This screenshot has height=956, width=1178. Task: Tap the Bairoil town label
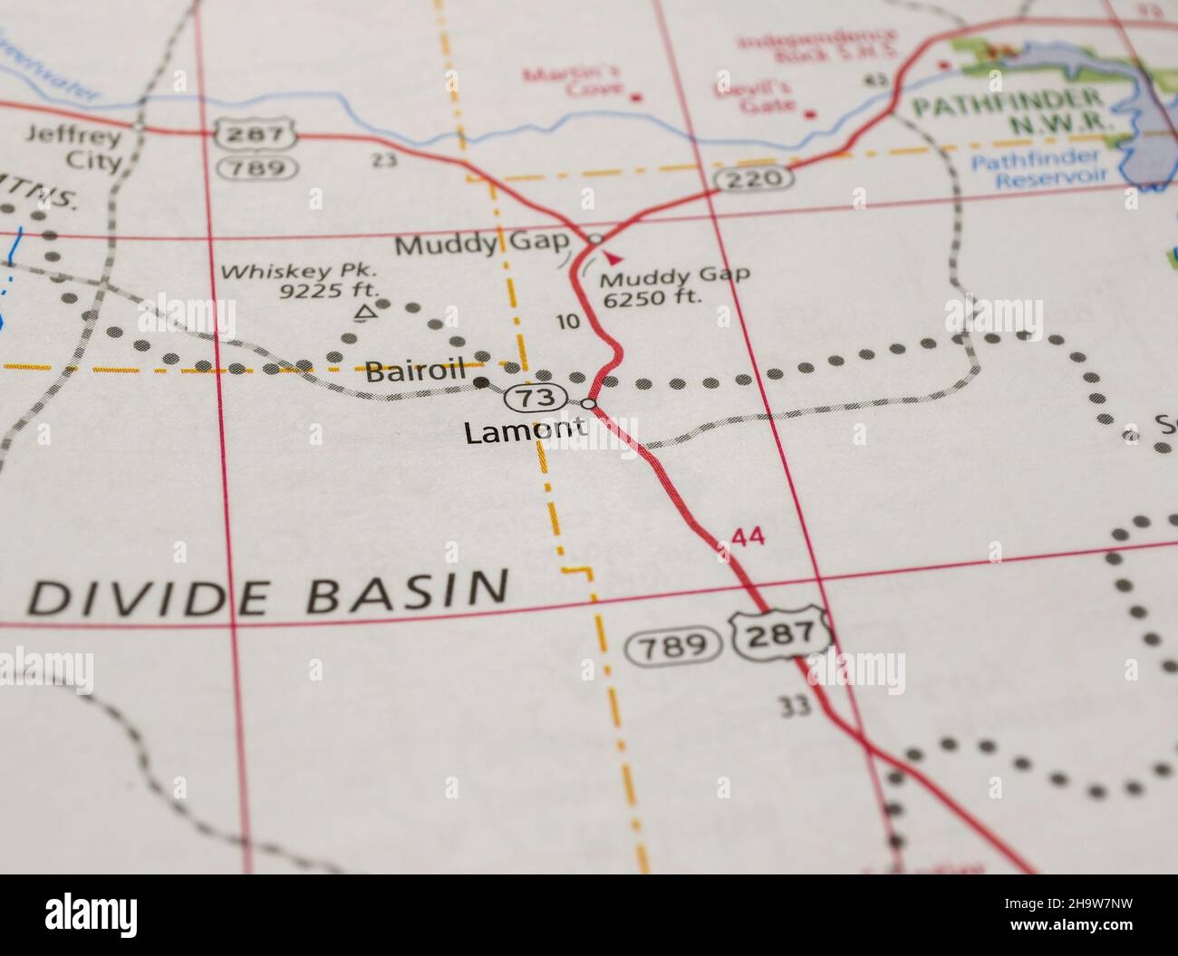pos(415,369)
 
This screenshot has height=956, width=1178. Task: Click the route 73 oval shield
pos(536,397)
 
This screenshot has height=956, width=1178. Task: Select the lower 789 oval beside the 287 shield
pos(672,646)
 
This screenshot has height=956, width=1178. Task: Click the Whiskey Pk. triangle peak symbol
pos(364,314)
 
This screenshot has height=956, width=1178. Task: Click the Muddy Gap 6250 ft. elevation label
pos(674,285)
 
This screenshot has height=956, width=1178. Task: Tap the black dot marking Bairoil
pos(482,382)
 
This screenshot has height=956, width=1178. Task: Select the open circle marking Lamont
pos(589,403)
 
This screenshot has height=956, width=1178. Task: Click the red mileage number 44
pos(748,536)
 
